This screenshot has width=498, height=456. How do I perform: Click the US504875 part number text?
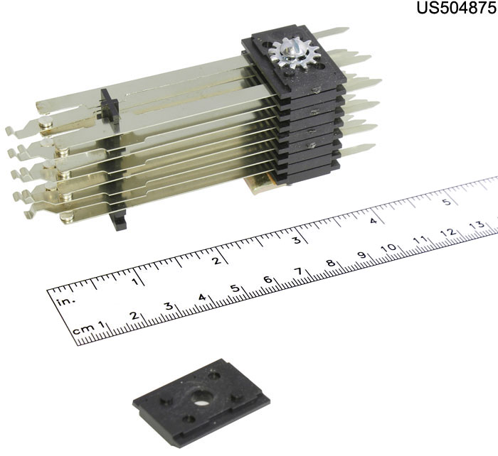pyautogui.click(x=457, y=8)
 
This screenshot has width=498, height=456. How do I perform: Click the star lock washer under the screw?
pyautogui.click(x=293, y=53)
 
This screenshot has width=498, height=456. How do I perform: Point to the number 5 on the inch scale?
pyautogui.click(x=447, y=202)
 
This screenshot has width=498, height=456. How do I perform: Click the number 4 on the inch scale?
pyautogui.click(x=373, y=220)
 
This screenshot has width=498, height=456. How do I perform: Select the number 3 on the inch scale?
pyautogui.click(x=297, y=240)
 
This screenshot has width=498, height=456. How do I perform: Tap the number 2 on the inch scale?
pyautogui.click(x=216, y=261)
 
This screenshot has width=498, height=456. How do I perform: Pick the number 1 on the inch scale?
pyautogui.click(x=136, y=281)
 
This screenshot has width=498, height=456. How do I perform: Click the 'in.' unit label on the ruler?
pyautogui.click(x=66, y=301)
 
